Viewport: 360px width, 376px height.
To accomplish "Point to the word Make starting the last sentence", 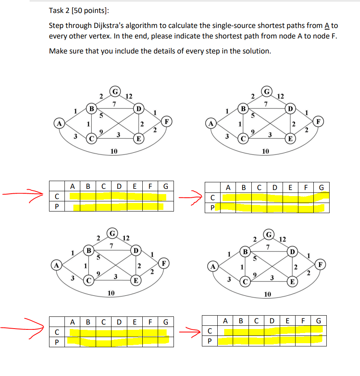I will [x=58, y=51].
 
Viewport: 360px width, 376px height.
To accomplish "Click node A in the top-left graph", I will [x=60, y=122].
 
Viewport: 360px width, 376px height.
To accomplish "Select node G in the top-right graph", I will [x=267, y=90].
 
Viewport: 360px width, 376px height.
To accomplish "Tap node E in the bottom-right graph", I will [x=291, y=281].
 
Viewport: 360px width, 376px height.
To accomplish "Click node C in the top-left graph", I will [x=92, y=139].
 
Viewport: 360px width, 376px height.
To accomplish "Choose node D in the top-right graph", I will [x=290, y=109].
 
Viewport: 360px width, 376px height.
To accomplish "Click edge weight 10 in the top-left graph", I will [x=114, y=151].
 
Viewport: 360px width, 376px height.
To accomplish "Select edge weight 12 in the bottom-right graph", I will [x=283, y=239].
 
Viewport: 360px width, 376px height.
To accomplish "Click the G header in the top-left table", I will [x=165, y=186].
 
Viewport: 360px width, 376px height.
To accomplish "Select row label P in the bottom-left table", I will [x=57, y=342].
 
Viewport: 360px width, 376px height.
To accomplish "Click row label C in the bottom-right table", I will [x=210, y=331].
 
